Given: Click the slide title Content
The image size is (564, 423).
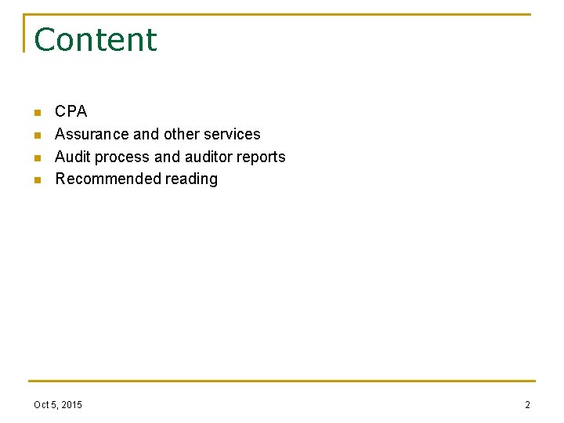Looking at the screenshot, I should [96, 40].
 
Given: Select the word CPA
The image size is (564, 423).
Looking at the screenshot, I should [71, 111].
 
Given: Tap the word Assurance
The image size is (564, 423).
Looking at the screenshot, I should [86, 134].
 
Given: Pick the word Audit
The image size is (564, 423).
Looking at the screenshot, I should [73, 157].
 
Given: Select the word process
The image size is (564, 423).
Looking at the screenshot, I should [123, 157].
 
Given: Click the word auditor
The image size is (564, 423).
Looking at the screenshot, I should [208, 157].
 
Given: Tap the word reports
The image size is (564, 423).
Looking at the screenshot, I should [262, 157].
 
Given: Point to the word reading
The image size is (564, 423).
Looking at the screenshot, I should [191, 179].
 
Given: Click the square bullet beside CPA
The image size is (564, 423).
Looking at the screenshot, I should [36, 113].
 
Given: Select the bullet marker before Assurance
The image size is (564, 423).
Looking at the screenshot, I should [36, 136].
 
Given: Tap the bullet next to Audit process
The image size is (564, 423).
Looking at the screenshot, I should [36, 158].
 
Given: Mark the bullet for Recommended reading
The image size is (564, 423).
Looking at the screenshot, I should [36, 180].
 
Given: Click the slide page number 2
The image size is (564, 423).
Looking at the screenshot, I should [527, 405].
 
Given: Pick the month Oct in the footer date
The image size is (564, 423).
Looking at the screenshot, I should [42, 405].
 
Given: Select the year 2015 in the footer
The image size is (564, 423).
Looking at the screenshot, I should [70, 405].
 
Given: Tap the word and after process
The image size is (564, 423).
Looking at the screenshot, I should [167, 157].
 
